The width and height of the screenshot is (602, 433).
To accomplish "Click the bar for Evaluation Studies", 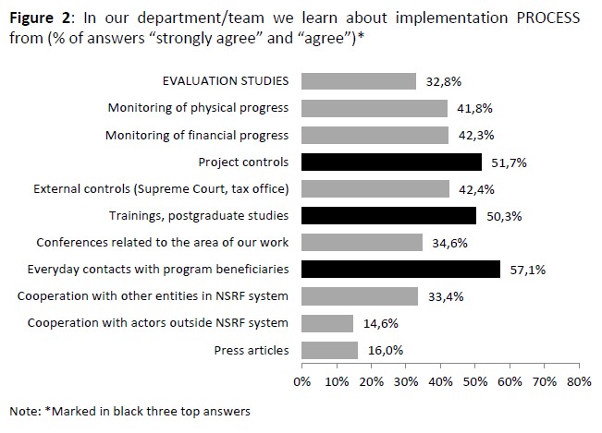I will click(359, 81).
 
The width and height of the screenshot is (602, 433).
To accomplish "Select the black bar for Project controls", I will click(391, 162).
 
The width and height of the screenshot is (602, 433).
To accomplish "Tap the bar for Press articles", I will click(329, 350).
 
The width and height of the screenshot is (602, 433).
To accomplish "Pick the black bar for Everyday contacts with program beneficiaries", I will click(400, 270).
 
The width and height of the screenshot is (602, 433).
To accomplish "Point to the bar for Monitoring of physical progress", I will click(375, 108).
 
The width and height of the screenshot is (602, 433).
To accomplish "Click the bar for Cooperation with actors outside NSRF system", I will click(327, 323).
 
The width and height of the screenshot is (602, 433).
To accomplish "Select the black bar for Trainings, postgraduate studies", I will click(388, 216).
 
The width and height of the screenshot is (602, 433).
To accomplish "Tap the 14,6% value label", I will click(380, 323).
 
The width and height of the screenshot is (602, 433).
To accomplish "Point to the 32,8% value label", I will click(442, 81).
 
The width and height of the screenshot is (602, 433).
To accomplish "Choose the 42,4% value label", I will click(475, 189).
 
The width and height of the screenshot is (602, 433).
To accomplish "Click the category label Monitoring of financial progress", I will click(197, 136).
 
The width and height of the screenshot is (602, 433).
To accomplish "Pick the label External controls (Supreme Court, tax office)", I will click(161, 189).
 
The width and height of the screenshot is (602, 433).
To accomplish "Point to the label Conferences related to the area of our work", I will click(162, 243).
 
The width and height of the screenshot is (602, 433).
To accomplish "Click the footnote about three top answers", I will click(129, 409).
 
